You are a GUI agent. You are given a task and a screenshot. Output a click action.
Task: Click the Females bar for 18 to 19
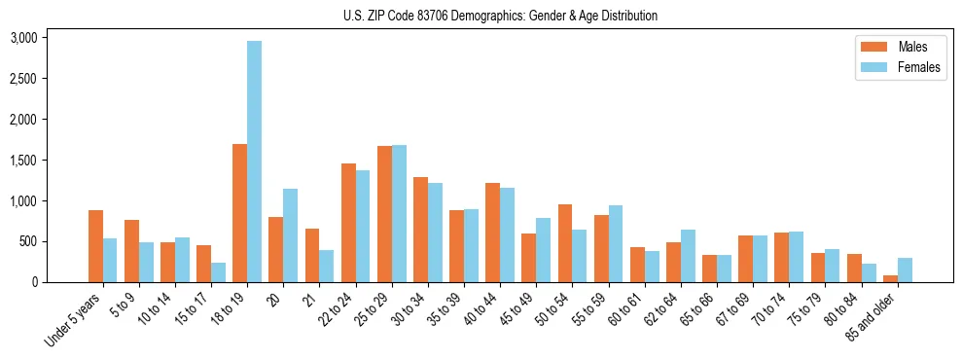click(254, 162)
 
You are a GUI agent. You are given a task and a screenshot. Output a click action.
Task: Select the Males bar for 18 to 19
click(239, 213)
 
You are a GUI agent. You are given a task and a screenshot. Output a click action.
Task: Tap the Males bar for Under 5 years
click(95, 246)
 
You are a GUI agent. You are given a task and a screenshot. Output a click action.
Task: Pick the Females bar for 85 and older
click(906, 270)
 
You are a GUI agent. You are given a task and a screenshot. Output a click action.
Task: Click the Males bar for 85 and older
click(891, 278)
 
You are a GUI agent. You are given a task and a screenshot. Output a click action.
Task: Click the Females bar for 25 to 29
click(399, 213)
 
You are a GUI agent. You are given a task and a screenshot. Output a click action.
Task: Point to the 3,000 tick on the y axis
click(23, 38)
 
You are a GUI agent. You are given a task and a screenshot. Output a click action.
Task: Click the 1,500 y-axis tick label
click(23, 161)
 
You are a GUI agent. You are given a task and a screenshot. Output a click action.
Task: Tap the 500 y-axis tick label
click(29, 241)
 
